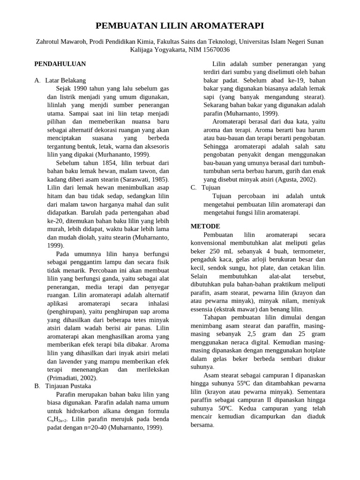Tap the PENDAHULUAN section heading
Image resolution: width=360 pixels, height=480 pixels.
click(60, 64)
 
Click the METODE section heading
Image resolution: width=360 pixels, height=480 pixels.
click(205, 226)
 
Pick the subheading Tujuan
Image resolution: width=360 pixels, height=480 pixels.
click(211, 187)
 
